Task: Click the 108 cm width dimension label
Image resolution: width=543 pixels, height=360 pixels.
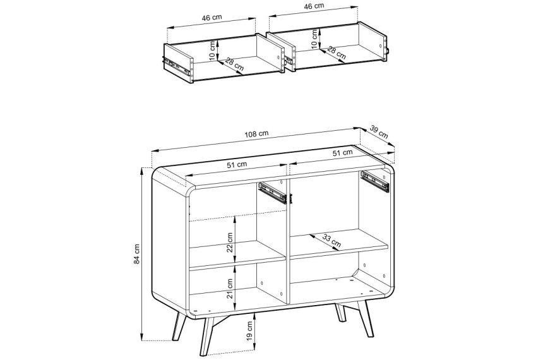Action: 256,134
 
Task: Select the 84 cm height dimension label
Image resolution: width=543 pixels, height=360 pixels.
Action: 137,254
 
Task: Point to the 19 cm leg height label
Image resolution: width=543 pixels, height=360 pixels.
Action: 250,330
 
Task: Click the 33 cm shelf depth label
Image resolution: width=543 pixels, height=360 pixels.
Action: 331,241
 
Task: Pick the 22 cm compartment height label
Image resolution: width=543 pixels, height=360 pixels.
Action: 230,243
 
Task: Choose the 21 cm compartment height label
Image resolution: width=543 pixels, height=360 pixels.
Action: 230,289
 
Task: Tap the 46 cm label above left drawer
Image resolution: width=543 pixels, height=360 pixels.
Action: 212,18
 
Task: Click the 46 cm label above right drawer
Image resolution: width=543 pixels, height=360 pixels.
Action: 313,6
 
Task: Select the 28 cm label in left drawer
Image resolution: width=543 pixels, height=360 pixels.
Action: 234,64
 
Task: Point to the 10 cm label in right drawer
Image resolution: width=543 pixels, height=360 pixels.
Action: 314,39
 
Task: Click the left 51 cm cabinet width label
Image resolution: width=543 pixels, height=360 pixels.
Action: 237,165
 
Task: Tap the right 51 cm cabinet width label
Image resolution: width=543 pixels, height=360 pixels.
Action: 342,152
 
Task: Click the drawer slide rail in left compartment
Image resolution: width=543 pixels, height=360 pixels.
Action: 273,193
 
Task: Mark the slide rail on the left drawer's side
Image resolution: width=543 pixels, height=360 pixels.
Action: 177,66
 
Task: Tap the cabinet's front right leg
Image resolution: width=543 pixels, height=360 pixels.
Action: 366,318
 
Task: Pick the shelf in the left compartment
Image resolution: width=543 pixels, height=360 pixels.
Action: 237,255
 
